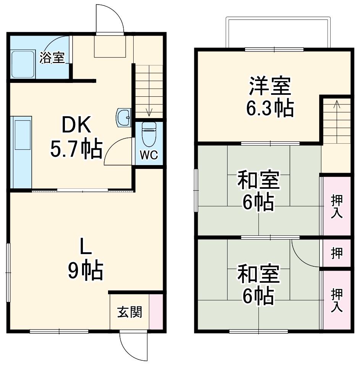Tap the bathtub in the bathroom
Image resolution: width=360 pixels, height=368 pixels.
[23, 64]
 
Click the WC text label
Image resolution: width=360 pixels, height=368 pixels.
[148, 156]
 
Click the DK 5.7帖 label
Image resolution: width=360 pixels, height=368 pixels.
[76, 138]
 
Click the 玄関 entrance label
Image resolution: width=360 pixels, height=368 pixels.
[129, 312]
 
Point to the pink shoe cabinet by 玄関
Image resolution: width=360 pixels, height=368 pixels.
[155, 311]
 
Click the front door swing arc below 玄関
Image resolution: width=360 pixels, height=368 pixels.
[134, 348]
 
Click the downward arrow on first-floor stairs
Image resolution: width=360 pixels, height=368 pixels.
[149, 111]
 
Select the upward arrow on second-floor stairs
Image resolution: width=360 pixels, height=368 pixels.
[336, 104]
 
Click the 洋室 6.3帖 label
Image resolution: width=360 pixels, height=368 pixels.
[270, 97]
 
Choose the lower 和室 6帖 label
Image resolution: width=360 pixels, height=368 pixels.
[258, 285]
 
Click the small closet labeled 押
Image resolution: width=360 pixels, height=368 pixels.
[336, 253]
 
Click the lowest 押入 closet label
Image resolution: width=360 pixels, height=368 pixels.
[336, 300]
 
